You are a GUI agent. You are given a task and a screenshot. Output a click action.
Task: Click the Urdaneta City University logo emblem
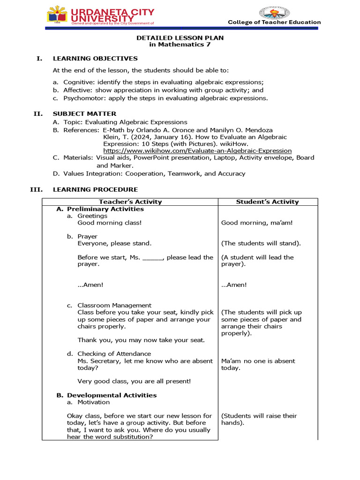(x=58, y=15)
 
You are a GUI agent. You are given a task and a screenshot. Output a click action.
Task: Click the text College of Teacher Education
(x=274, y=22)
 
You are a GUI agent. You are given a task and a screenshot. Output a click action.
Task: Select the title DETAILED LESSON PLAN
(x=180, y=37)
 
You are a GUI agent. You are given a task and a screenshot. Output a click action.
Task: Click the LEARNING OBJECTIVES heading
(x=95, y=59)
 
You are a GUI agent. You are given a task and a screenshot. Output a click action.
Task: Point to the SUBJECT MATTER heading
(x=84, y=113)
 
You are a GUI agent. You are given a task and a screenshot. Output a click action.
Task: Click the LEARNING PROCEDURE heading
(x=95, y=189)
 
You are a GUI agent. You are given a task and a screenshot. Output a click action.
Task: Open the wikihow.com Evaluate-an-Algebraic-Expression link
(x=197, y=150)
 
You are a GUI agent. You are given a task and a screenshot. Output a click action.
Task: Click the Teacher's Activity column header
(x=130, y=202)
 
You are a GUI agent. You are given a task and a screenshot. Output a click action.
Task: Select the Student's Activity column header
(x=267, y=202)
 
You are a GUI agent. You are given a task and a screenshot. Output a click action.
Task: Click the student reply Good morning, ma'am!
(x=257, y=223)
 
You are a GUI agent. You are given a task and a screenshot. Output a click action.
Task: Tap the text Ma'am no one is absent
(x=258, y=361)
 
